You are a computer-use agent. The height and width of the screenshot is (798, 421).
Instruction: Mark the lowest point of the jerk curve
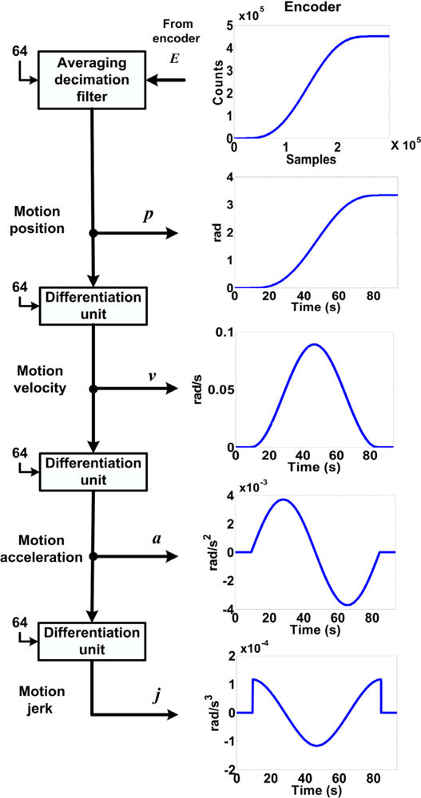[316, 746]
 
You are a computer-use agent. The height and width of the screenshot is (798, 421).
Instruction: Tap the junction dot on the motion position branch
[93, 233]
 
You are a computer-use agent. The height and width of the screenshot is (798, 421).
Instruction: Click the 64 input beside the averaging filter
[20, 51]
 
